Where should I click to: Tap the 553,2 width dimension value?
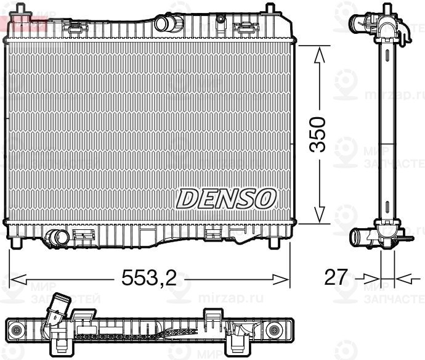click(149, 279)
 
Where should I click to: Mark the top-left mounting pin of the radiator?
click(21, 9)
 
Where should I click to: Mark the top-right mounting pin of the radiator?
click(269, 9)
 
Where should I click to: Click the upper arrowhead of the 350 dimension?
click(319, 55)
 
